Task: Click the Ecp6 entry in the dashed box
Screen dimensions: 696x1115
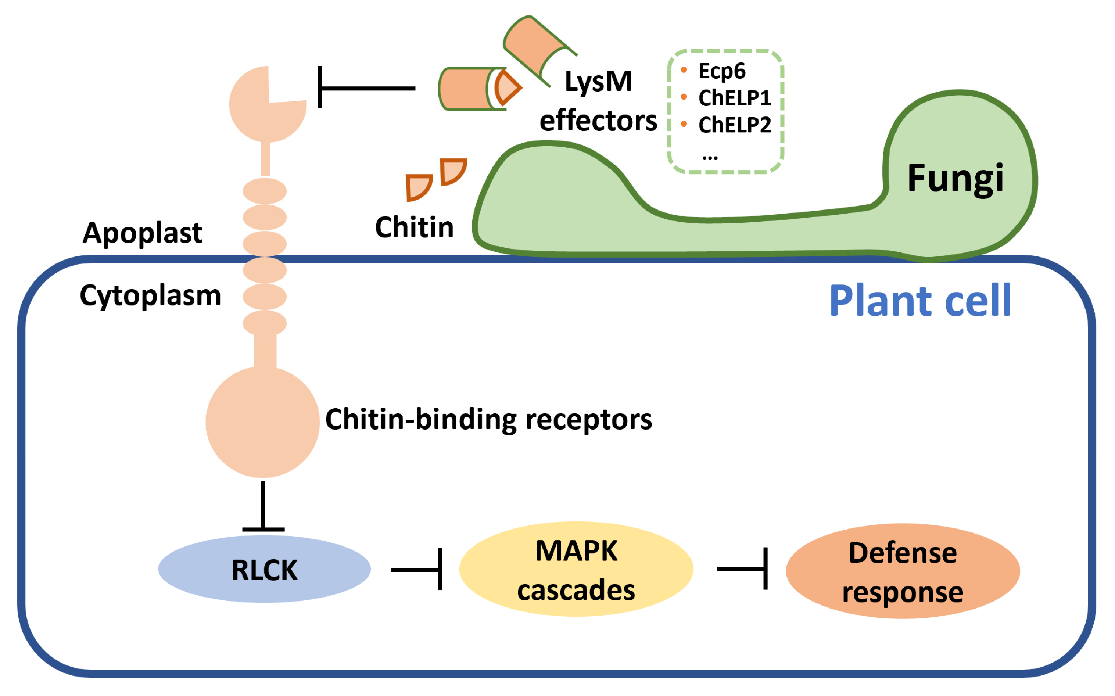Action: [x=721, y=71]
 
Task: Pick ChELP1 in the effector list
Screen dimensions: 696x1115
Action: [x=734, y=98]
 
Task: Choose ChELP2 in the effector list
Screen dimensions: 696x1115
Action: [x=734, y=125]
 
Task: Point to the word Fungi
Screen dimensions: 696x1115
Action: [x=955, y=178]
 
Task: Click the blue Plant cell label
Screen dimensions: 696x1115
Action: [x=919, y=301]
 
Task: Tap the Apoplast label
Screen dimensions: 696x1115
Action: [x=142, y=233]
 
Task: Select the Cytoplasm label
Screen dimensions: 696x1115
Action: [x=150, y=295]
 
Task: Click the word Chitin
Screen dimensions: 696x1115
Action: [x=414, y=227]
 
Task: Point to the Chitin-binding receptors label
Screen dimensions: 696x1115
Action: [x=488, y=419]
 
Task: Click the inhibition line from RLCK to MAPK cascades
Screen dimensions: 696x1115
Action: [x=417, y=570]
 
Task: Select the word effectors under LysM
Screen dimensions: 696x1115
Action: [x=598, y=121]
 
